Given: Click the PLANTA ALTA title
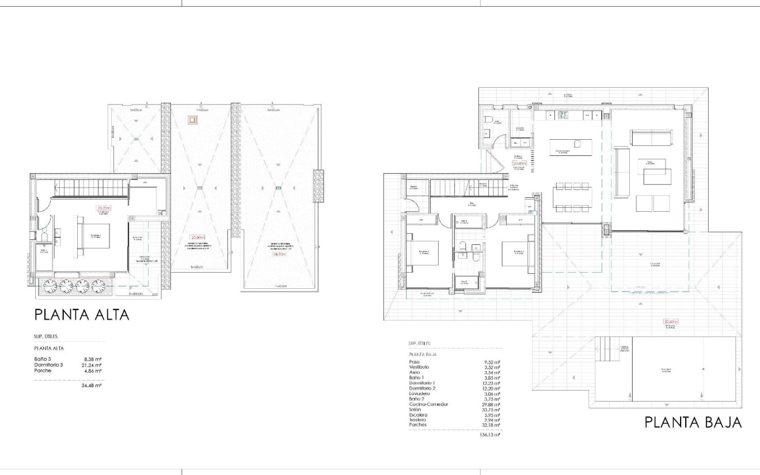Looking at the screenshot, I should point(82,315).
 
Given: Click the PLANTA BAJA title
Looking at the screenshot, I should point(693,422).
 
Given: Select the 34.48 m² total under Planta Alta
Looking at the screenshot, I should point(91,385).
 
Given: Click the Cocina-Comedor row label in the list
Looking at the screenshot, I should point(428,404).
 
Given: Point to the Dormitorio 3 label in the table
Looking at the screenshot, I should point(49,365).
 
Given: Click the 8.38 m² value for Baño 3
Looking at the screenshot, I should point(92,359).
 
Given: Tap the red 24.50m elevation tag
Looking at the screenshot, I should point(279,254).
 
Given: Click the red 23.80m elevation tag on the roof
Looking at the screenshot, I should point(197,236).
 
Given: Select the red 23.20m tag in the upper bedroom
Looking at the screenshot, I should point(104,207).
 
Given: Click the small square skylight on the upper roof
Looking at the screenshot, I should point(192,120).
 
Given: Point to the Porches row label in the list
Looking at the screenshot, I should point(417,425).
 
